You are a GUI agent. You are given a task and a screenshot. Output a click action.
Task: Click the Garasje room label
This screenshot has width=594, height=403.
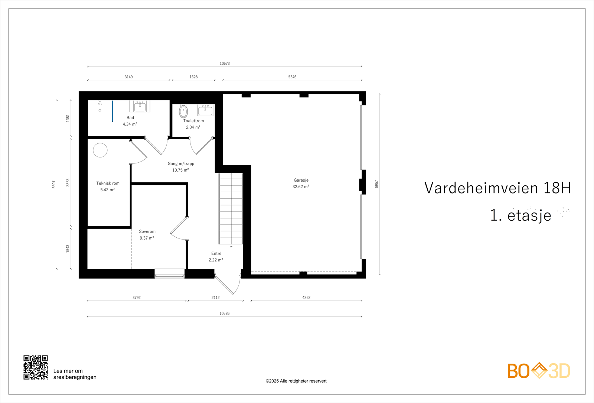tap(301, 180)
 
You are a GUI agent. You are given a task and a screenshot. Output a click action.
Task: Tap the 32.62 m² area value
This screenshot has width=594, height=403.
tap(301, 187)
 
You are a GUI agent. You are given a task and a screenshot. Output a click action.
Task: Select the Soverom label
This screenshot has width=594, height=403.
tap(147, 231)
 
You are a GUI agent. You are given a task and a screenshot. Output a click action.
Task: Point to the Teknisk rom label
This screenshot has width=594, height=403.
tap(108, 183)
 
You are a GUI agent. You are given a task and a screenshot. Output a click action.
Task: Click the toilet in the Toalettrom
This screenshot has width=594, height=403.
tap(183, 111)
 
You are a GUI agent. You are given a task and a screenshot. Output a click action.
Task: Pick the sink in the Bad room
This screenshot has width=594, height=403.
tap(140, 107)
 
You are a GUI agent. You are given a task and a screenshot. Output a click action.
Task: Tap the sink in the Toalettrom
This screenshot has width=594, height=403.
tap(205, 110)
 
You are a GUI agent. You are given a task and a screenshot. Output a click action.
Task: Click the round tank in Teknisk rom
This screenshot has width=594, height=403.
tap(100, 150)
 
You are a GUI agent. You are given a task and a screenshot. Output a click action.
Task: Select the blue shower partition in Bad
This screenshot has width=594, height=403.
tap(112, 111)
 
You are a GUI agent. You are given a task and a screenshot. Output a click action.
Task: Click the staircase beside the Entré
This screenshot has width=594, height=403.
tap(231, 208)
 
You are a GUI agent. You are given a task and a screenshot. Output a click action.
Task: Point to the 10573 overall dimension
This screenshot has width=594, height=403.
tap(225, 64)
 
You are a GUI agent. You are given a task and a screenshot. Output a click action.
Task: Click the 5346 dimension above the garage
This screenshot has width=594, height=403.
tap(292, 77)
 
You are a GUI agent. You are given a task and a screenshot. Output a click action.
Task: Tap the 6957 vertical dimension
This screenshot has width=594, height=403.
tap(376, 184)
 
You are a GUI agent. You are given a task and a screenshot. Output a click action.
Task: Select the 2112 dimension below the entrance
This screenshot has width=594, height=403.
tap(216, 298)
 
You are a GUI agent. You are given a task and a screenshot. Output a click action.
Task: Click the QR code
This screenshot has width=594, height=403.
tap(36, 367)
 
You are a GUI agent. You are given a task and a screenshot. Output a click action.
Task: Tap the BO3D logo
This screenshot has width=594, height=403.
tap(538, 371)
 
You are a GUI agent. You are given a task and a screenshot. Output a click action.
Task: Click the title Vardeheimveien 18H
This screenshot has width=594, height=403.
tap(497, 188)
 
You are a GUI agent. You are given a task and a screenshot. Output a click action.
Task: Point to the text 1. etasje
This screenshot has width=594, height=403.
tap(520, 215)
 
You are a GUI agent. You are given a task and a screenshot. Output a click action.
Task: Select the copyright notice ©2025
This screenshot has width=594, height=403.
tap(296, 381)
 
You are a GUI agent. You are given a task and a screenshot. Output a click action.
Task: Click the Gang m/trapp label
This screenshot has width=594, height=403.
tap(181, 163)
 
